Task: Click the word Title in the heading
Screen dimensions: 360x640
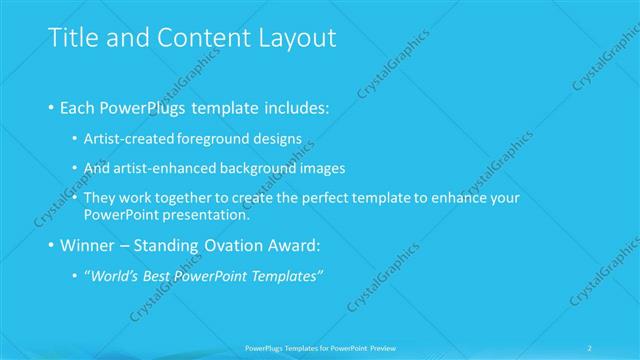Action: coord(71,38)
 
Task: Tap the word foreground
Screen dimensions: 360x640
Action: coord(214,139)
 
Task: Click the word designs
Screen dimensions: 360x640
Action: coord(275,139)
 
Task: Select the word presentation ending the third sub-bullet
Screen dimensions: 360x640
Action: coord(205,214)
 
